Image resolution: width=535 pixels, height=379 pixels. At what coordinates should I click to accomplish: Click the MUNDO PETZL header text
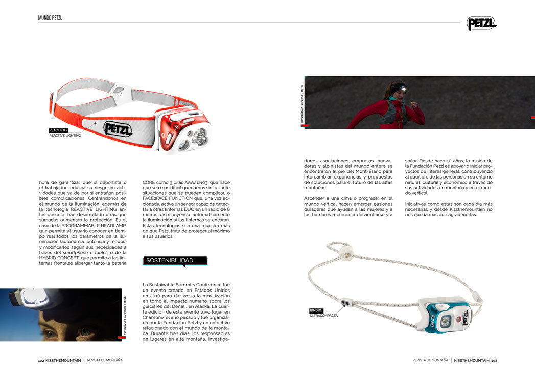[50, 18]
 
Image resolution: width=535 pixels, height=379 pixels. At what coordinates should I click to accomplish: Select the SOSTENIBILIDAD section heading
[170, 261]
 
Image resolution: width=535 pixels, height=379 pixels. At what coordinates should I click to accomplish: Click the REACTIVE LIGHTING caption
[65, 136]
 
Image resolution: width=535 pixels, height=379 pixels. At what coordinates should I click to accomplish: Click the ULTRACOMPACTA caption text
[323, 316]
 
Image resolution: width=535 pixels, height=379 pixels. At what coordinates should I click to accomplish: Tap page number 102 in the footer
[41, 360]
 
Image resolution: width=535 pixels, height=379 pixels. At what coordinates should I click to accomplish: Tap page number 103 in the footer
[494, 360]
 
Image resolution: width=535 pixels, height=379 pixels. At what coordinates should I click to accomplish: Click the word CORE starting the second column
[149, 182]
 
